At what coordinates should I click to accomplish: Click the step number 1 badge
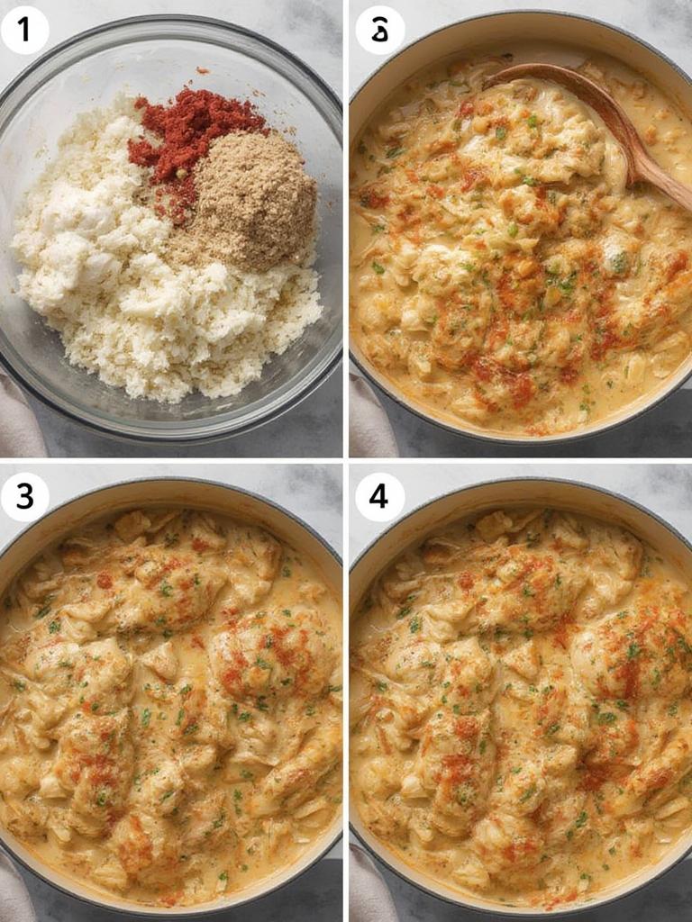click(x=24, y=30)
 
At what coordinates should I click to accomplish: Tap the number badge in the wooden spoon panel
click(x=379, y=30)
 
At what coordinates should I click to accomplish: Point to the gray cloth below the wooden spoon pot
click(x=369, y=419)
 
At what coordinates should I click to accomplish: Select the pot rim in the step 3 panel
click(x=171, y=486)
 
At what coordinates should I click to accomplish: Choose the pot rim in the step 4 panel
click(x=523, y=486)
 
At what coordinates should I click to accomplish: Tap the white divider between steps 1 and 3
click(x=171, y=460)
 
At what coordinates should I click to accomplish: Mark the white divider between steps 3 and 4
click(x=346, y=693)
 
